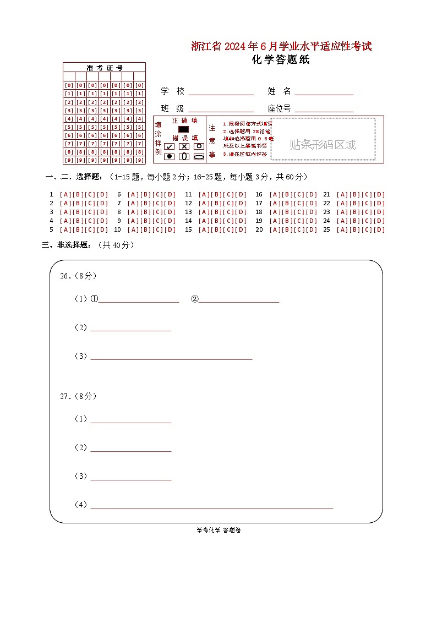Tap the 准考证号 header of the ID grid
104,68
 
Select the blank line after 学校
221,92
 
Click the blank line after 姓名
324,92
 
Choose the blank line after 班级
221,109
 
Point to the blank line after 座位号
324,109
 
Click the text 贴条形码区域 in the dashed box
323,145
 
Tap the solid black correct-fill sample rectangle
183,129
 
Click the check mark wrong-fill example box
170,146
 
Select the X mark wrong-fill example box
184,146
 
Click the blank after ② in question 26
239,299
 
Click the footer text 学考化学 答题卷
218,530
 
